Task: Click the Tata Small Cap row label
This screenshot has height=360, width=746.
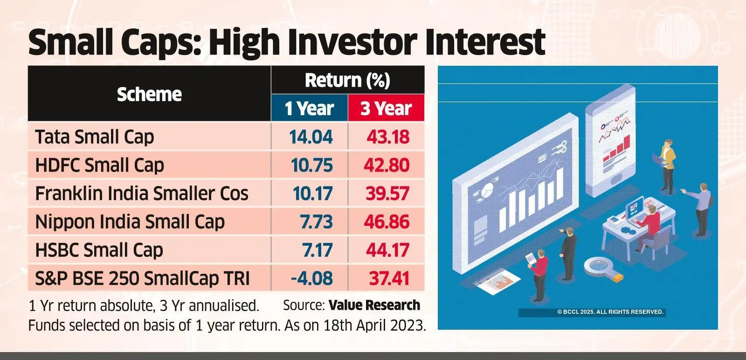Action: tap(94, 137)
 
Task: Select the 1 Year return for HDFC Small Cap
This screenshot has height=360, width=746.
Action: tap(311, 165)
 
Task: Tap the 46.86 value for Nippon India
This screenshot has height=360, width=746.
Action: tap(387, 222)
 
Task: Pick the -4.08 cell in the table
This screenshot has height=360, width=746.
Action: tap(311, 278)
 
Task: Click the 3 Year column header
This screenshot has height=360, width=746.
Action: tap(386, 109)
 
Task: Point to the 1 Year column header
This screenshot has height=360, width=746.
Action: tap(310, 109)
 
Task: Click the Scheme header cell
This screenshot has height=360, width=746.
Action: tap(149, 94)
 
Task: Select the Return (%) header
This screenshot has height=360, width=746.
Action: tap(347, 80)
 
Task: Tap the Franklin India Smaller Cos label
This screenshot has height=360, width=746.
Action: tap(142, 194)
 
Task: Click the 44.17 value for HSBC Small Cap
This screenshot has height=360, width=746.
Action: tap(387, 250)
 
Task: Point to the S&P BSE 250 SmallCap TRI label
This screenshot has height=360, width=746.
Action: tap(142, 278)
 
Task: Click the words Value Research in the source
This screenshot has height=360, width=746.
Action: tap(374, 305)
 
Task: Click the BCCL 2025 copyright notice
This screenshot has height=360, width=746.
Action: tap(610, 312)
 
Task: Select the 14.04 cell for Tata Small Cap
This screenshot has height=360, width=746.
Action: tap(311, 137)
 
